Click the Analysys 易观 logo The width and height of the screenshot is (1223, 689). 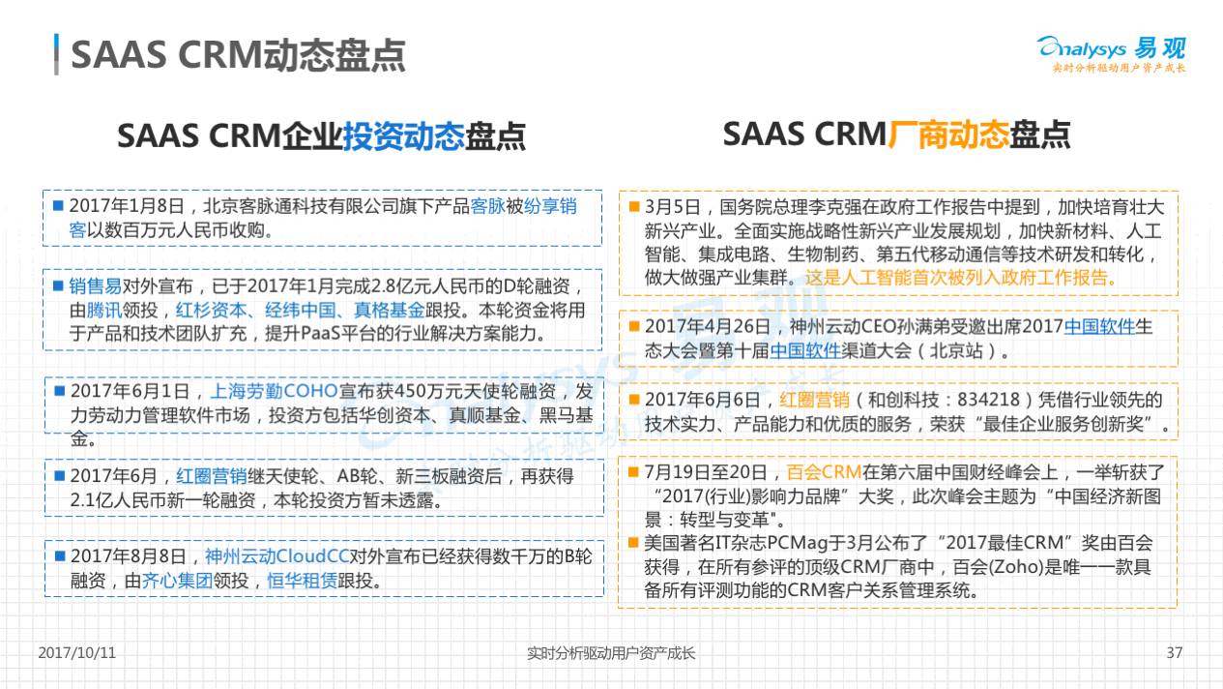pyautogui.click(x=1111, y=53)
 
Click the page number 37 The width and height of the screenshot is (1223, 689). pyautogui.click(x=1175, y=652)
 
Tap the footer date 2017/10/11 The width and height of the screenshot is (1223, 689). pyautogui.click(x=77, y=652)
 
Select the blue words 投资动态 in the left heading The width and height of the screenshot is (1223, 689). pyautogui.click(x=403, y=135)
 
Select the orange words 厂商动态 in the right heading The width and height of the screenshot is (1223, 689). pyautogui.click(x=947, y=135)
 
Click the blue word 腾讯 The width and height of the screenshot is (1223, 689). pyautogui.click(x=104, y=310)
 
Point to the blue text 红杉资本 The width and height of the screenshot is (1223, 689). pyautogui.click(x=211, y=310)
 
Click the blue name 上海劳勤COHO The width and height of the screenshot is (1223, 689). pyautogui.click(x=274, y=391)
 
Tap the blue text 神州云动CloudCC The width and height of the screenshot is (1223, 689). pyautogui.click(x=277, y=556)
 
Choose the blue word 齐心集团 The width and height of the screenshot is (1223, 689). pyautogui.click(x=177, y=581)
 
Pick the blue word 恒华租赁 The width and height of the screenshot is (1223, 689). pyautogui.click(x=302, y=581)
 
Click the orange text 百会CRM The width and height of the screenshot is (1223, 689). pyautogui.click(x=824, y=472)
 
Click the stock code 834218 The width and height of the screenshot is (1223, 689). pyautogui.click(x=988, y=400)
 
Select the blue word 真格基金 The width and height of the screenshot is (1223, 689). pyautogui.click(x=389, y=310)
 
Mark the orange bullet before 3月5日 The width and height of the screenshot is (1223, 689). pyautogui.click(x=634, y=206)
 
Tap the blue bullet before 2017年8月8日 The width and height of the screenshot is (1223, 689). pyautogui.click(x=60, y=556)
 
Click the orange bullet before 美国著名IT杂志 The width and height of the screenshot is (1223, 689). pyautogui.click(x=633, y=543)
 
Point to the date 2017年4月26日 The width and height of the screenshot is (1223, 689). pyautogui.click(x=708, y=327)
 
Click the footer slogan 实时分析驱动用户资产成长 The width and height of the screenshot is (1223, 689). pyautogui.click(x=610, y=653)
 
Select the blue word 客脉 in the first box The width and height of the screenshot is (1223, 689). pyautogui.click(x=487, y=206)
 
